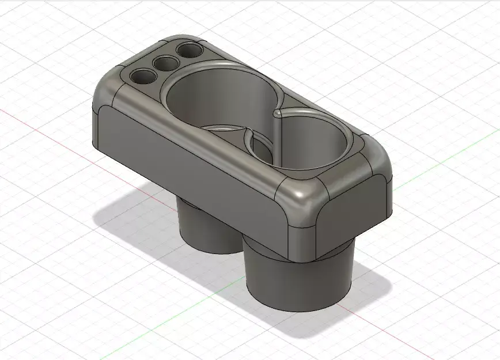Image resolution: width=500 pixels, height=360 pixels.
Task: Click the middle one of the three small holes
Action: click(166, 63)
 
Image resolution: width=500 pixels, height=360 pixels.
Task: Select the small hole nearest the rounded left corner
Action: click(142, 75)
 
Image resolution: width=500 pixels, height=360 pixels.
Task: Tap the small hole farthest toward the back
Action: click(190, 51)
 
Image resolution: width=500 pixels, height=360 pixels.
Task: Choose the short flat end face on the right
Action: click(357, 207)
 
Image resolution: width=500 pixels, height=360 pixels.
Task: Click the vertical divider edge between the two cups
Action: click(275, 138)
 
